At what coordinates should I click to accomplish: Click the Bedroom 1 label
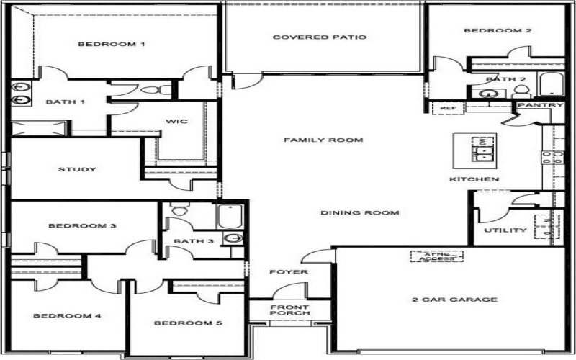[112, 45]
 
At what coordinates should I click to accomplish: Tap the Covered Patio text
[320, 37]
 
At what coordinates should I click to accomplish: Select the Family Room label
[323, 140]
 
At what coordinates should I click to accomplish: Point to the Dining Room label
[359, 212]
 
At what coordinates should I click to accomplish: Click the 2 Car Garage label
[455, 300]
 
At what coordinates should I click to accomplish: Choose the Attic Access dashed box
[437, 256]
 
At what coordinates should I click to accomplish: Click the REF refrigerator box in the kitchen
[448, 109]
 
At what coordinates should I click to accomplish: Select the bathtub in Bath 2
[552, 84]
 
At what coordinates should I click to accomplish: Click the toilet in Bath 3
[180, 209]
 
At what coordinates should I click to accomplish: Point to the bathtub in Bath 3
[229, 217]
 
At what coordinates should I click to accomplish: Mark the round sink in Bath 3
[233, 238]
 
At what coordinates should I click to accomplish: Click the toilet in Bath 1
[156, 89]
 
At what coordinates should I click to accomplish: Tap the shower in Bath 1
[39, 129]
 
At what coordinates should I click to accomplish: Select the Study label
[77, 169]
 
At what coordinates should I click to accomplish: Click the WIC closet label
[176, 121]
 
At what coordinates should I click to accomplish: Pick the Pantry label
[541, 105]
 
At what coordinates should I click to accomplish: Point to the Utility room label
[505, 230]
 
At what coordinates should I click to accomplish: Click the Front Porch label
[290, 310]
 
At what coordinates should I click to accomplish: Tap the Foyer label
[289, 272]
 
